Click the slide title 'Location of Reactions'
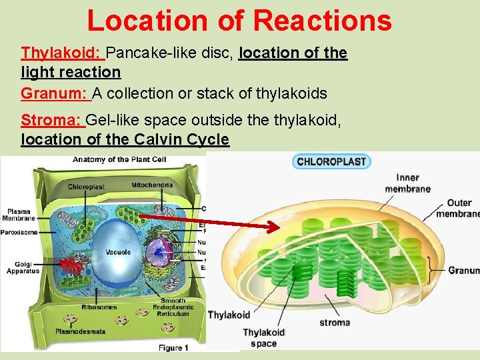(x=239, y=20)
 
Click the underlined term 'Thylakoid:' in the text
(x=62, y=53)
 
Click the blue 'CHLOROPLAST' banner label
(x=331, y=161)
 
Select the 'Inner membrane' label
(x=407, y=183)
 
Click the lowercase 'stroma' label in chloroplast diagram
(x=334, y=323)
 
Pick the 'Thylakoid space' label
(x=263, y=338)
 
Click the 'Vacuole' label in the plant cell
(x=118, y=253)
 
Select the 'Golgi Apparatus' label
(x=23, y=267)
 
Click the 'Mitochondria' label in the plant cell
(x=152, y=185)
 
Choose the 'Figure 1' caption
(x=173, y=348)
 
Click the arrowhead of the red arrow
(x=274, y=228)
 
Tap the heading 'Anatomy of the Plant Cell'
(x=119, y=159)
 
